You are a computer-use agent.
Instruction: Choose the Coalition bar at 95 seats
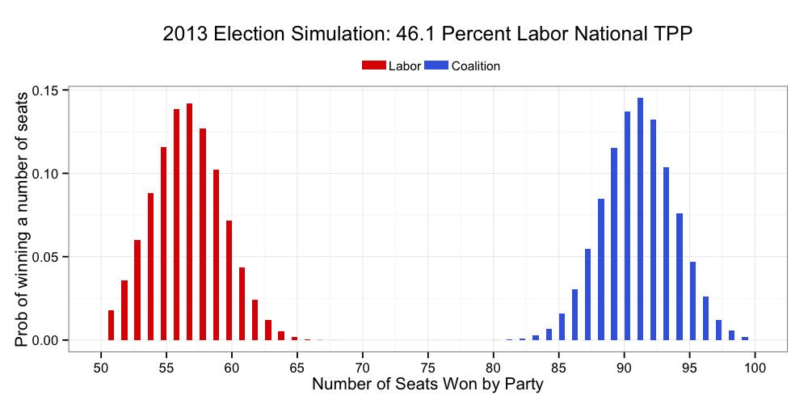pos(692,301)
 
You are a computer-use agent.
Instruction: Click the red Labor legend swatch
pos(374,66)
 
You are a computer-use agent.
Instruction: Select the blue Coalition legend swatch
pos(436,66)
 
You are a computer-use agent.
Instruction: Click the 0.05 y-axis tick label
pos(49,257)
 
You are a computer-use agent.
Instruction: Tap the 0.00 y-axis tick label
pos(49,340)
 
